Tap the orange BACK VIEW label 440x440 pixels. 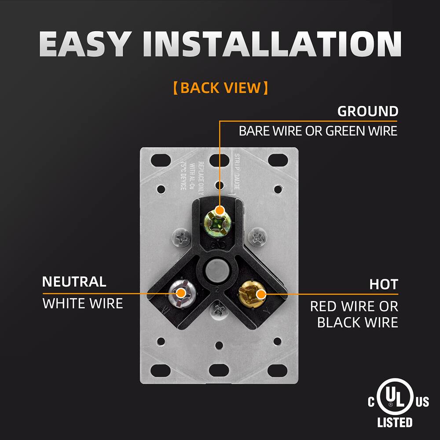pyautogui.click(x=220, y=88)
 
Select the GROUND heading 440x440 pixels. pyautogui.click(x=367, y=111)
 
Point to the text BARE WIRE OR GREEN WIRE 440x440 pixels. pyautogui.click(x=318, y=131)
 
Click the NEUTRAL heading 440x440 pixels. pyautogui.click(x=74, y=282)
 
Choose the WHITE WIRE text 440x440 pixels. pyautogui.click(x=82, y=303)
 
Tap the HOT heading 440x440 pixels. pyautogui.click(x=384, y=284)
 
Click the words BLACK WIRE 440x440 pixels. pyautogui.click(x=357, y=323)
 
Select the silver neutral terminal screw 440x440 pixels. pyautogui.click(x=180, y=293)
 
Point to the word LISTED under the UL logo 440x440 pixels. pyautogui.click(x=395, y=423)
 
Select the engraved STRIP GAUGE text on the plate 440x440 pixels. pyautogui.click(x=236, y=172)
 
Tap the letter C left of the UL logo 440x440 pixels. pyautogui.click(x=372, y=401)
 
